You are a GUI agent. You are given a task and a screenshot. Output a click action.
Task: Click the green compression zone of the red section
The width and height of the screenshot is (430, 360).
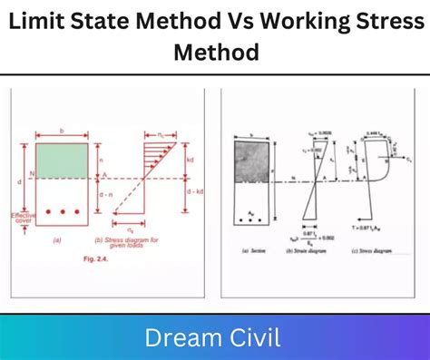[62, 160]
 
